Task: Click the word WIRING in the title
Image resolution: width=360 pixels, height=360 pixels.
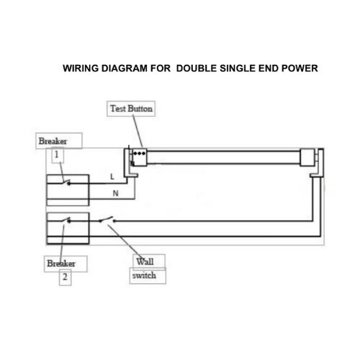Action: tap(81, 68)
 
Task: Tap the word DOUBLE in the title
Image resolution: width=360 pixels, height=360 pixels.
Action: tap(197, 68)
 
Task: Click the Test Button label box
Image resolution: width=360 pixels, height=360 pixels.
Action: tap(131, 109)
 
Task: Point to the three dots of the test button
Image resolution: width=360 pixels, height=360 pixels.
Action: tap(140, 153)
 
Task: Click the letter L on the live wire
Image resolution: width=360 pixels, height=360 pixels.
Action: tap(112, 177)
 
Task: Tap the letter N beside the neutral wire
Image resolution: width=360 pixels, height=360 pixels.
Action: tap(115, 193)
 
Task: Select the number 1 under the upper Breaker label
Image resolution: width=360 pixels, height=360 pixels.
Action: tap(57, 155)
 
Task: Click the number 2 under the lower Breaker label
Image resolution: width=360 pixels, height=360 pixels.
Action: tap(65, 276)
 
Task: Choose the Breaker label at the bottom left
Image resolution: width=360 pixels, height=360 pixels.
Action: tap(61, 264)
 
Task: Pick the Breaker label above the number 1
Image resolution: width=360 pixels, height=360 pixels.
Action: tap(53, 141)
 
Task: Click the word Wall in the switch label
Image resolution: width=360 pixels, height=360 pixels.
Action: tap(145, 261)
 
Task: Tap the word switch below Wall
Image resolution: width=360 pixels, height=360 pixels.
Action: tap(144, 275)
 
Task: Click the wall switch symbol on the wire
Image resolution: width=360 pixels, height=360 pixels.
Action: tap(107, 220)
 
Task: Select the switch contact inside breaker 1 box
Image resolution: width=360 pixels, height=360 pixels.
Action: tap(66, 182)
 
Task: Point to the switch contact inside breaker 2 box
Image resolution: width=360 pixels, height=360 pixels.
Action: tap(66, 220)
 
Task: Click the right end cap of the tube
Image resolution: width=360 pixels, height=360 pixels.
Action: tap(307, 157)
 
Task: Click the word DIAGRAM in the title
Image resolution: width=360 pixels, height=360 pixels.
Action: tap(125, 68)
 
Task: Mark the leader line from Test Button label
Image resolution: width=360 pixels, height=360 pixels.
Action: tap(138, 132)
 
